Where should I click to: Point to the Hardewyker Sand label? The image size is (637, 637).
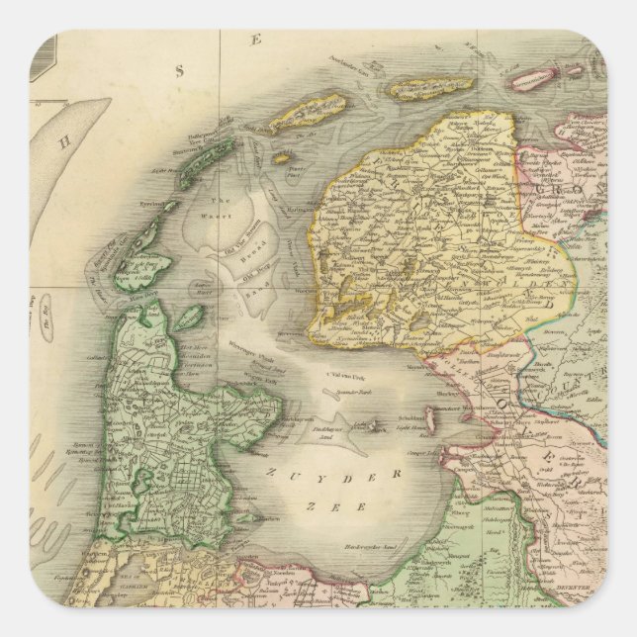(352, 573)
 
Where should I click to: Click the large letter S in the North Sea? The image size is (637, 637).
(180, 70)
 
